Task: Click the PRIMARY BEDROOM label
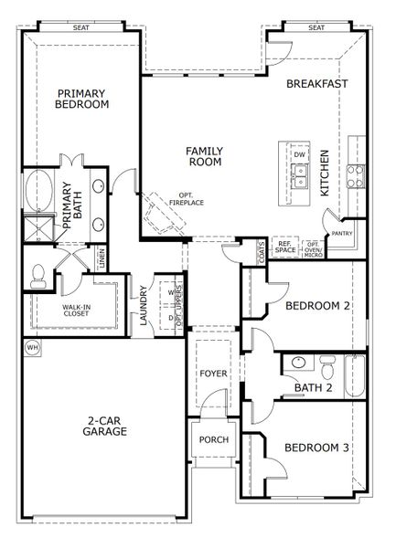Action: tap(83, 99)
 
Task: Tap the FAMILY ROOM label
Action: tap(206, 155)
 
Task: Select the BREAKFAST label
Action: tap(317, 83)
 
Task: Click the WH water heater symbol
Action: tap(32, 347)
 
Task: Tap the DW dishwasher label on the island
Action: tap(299, 154)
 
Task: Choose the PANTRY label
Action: tap(342, 234)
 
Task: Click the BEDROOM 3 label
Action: tap(316, 448)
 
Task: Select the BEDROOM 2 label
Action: tap(316, 307)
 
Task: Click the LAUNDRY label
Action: tap(144, 306)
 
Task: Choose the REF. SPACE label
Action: tap(286, 246)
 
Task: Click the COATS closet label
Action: tap(262, 248)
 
